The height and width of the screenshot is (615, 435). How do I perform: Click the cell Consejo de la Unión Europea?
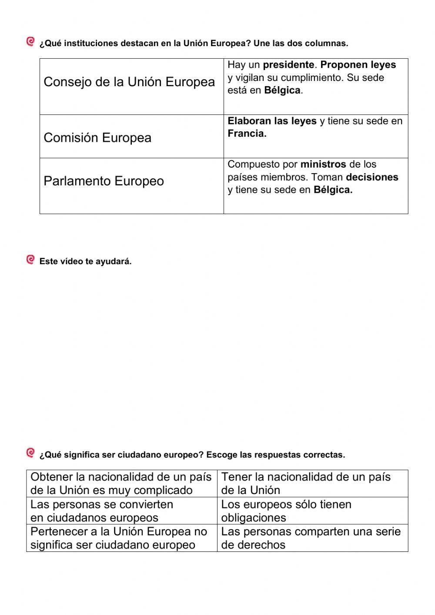[130, 82]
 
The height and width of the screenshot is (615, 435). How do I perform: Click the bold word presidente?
[288, 65]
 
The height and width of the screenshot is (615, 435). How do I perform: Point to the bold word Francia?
[247, 134]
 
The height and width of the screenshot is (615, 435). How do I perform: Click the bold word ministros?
[323, 165]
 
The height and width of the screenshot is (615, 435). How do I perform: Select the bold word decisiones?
[372, 177]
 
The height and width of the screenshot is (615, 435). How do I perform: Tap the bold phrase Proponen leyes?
[358, 65]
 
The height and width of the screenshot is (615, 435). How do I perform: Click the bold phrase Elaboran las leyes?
[272, 121]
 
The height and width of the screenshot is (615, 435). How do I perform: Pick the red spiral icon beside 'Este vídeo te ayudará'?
[30, 260]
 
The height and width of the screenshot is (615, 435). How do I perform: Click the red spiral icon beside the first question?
[30, 42]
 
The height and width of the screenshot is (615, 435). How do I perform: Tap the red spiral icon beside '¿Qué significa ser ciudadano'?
[30, 453]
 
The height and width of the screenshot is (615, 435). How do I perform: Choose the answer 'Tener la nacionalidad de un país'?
[312, 483]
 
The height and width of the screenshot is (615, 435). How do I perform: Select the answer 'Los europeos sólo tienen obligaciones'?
[312, 511]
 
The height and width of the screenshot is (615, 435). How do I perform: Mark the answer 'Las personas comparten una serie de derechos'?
[312, 538]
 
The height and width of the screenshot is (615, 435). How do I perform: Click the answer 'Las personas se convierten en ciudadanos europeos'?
[121, 511]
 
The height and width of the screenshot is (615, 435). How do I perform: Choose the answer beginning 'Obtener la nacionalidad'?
[121, 483]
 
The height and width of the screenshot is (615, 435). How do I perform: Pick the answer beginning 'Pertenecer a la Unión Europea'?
[121, 538]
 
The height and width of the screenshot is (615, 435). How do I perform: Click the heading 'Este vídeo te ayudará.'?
[85, 262]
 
